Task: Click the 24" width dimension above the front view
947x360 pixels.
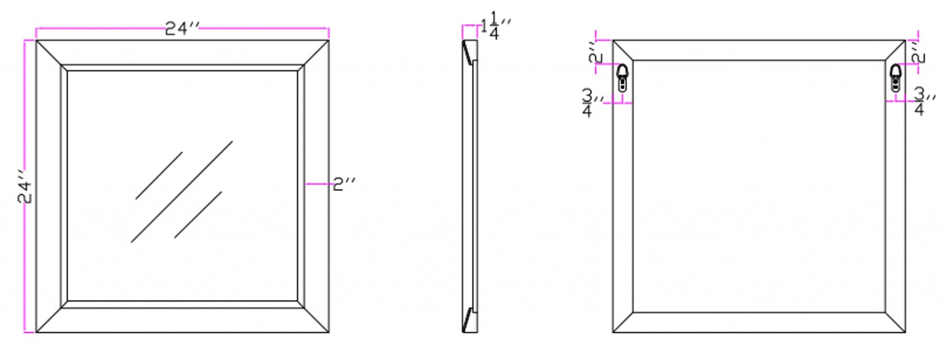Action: coord(182,29)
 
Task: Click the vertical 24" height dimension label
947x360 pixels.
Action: coord(26,186)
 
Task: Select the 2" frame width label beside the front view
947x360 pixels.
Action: coord(345,184)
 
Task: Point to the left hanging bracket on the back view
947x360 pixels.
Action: coord(622,77)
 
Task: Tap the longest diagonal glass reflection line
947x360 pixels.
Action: coord(182,192)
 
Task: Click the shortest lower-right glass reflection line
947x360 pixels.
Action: coord(198,215)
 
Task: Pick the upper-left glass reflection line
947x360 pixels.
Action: coord(159,176)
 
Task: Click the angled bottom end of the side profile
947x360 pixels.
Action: coord(470,320)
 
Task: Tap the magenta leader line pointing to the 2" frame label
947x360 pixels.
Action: coord(319,184)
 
